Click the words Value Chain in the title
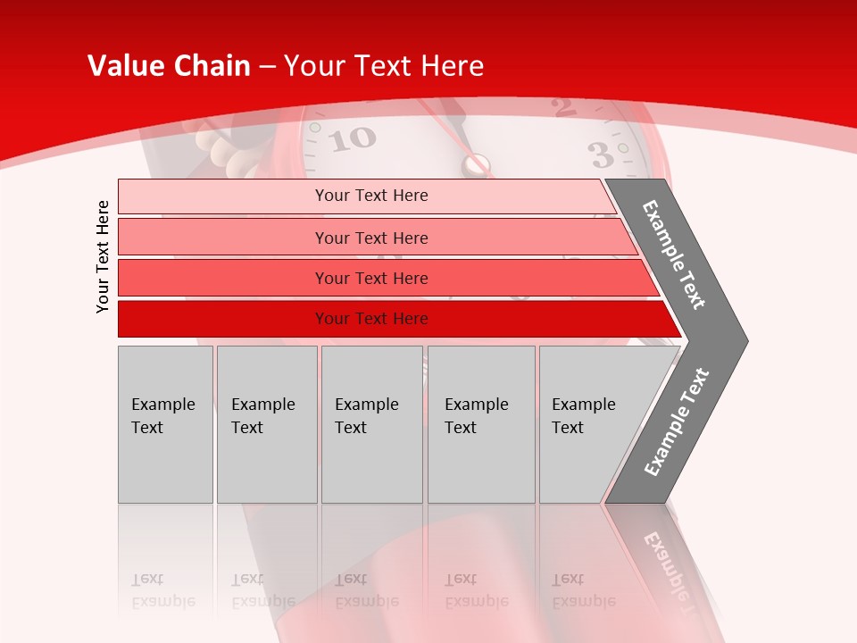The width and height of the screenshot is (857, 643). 169,66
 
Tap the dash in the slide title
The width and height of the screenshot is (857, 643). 267,67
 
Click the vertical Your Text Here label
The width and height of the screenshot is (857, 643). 103,256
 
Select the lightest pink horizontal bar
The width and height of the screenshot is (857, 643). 370,196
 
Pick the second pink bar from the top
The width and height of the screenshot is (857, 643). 370,238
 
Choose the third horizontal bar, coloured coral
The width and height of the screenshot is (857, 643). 370,278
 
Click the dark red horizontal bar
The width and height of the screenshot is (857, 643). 370,319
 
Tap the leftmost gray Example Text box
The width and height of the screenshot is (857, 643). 165,423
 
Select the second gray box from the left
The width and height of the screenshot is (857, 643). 267,423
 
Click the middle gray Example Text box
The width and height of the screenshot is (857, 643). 371,423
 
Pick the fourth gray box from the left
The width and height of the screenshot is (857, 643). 481,423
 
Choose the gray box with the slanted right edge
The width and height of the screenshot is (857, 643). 589,423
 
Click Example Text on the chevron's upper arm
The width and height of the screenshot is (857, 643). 674,255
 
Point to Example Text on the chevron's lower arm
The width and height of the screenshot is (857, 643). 676,422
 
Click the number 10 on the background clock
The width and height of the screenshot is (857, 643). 354,138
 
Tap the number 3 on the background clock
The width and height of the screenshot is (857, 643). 602,154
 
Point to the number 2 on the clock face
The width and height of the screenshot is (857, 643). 563,108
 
